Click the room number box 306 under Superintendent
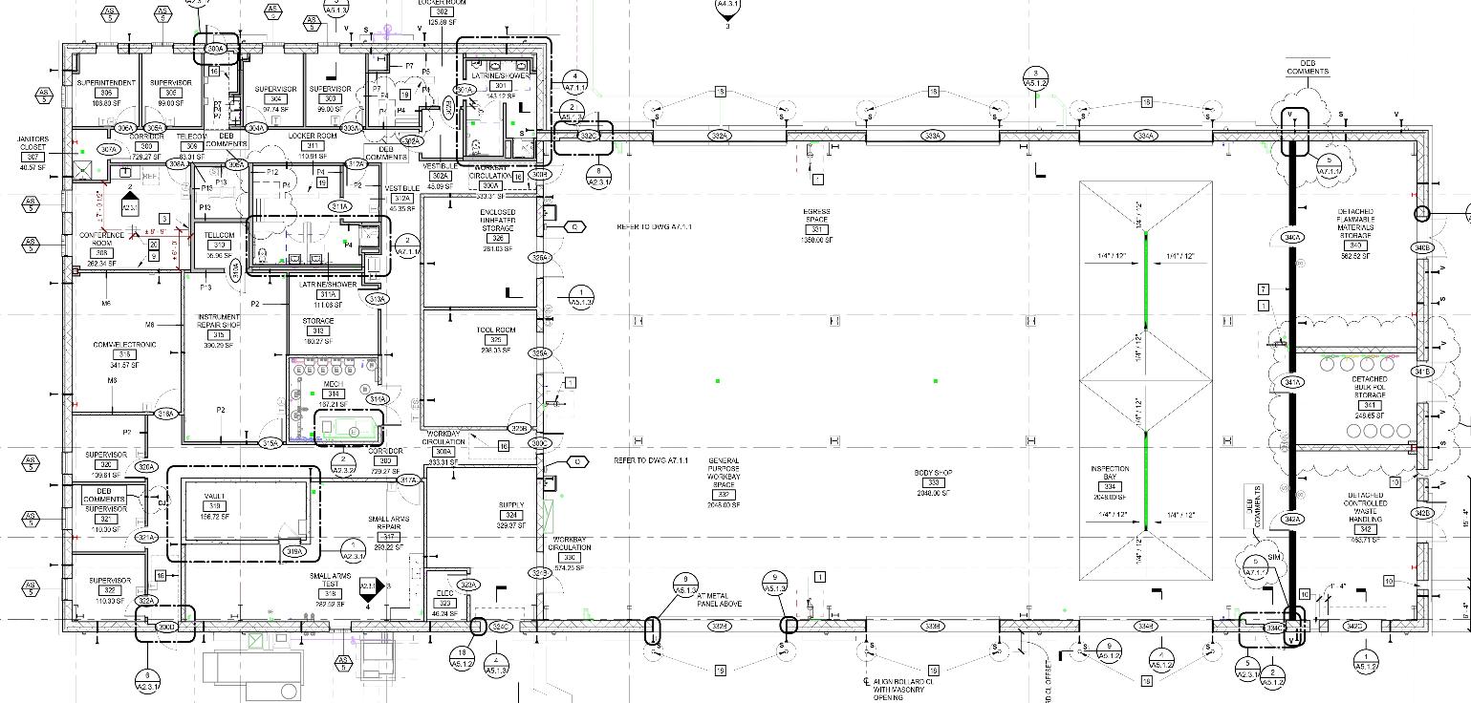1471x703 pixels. coord(106,93)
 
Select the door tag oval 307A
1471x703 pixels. coord(109,149)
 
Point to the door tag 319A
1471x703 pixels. coord(294,551)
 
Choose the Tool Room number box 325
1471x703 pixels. coord(496,340)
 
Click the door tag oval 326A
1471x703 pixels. coord(541,258)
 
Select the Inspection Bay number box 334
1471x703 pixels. coord(1110,487)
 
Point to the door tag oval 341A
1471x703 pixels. coord(1292,382)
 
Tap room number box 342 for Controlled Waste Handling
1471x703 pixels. coord(1366,529)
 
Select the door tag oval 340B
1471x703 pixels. coord(1421,248)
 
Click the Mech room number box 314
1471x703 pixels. coord(333,394)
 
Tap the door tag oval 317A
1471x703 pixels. coord(409,479)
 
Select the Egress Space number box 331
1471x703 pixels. coord(816,229)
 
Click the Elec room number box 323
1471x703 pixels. coord(444,603)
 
